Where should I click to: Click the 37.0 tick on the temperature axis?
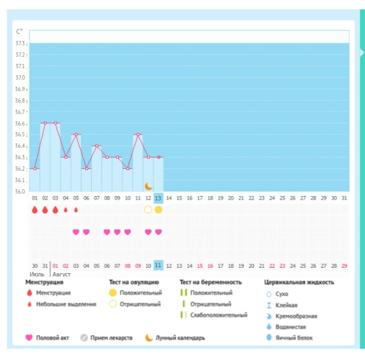click(21, 78)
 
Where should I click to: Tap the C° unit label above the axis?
click(20, 32)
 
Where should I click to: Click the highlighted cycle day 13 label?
click(158, 198)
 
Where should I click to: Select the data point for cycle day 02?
click(45, 123)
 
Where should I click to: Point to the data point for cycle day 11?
click(138, 134)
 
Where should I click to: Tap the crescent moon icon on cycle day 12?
click(148, 186)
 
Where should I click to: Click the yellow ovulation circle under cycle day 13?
click(158, 210)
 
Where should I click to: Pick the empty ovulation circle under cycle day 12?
click(148, 210)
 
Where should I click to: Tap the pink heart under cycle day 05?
click(76, 232)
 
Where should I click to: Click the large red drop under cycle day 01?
click(34, 210)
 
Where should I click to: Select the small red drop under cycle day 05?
click(76, 210)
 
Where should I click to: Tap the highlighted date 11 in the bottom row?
click(158, 265)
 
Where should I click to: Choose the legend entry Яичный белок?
click(292, 338)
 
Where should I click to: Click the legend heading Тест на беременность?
click(211, 282)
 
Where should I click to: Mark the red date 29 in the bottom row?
click(344, 265)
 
